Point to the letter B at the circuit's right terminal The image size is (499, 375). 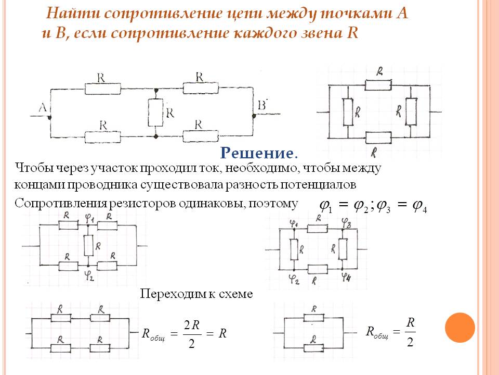point(262,106)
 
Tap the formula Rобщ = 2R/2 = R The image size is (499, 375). point(185,334)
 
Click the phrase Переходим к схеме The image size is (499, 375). point(196,294)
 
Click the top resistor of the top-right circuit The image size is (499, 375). point(378,84)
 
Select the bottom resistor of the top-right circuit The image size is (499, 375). point(378,138)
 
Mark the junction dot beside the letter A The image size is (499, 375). point(50,118)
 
